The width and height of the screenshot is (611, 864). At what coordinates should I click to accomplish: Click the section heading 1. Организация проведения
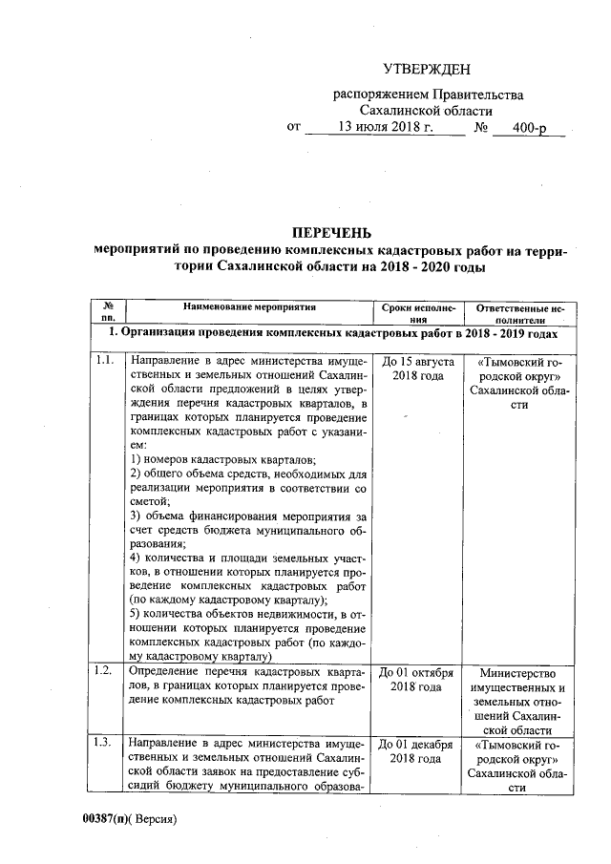(x=330, y=334)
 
